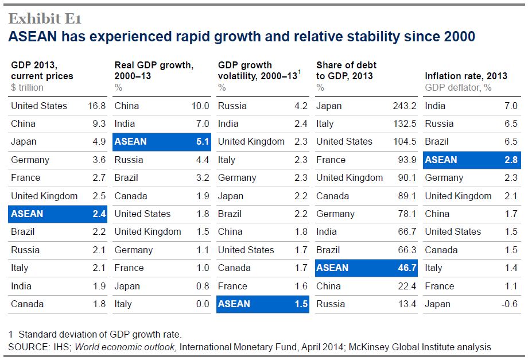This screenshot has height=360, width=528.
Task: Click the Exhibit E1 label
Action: (44, 18)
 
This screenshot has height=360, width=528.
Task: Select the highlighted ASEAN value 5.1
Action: (202, 142)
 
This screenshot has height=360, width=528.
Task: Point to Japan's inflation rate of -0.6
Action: (508, 304)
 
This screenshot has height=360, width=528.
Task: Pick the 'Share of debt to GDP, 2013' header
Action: (347, 71)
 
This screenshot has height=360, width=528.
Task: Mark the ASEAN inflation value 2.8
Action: (511, 160)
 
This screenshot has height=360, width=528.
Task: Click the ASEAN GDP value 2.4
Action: (99, 214)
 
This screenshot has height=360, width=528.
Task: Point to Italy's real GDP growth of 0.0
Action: (202, 304)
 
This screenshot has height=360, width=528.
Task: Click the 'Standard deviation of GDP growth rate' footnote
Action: (99, 334)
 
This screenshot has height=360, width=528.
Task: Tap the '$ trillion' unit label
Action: (27, 88)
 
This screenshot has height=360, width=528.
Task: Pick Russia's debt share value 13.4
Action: (406, 304)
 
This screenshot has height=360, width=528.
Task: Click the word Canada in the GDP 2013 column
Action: (27, 304)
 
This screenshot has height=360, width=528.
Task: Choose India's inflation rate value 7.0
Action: (511, 106)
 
